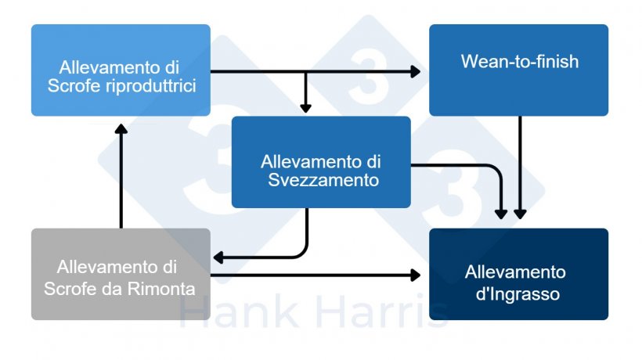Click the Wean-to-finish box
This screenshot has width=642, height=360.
(x=518, y=70)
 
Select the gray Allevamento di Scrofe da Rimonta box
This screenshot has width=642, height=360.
(x=121, y=274)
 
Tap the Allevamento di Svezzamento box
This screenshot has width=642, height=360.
(x=321, y=162)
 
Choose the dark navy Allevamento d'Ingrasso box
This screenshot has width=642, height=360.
(x=518, y=274)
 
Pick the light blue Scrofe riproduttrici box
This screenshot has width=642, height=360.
(x=121, y=70)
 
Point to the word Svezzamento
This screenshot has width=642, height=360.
(x=323, y=180)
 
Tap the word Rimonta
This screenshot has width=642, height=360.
(x=161, y=289)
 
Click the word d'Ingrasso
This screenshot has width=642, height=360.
(x=518, y=294)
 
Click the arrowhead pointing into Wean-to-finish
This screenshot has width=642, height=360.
(x=415, y=71)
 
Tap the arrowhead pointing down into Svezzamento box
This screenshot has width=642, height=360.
(x=305, y=108)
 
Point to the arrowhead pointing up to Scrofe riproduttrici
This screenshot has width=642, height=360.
(x=121, y=129)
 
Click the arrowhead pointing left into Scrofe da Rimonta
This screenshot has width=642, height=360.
(x=218, y=257)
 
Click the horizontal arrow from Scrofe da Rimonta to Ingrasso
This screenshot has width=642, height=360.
(x=316, y=275)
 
